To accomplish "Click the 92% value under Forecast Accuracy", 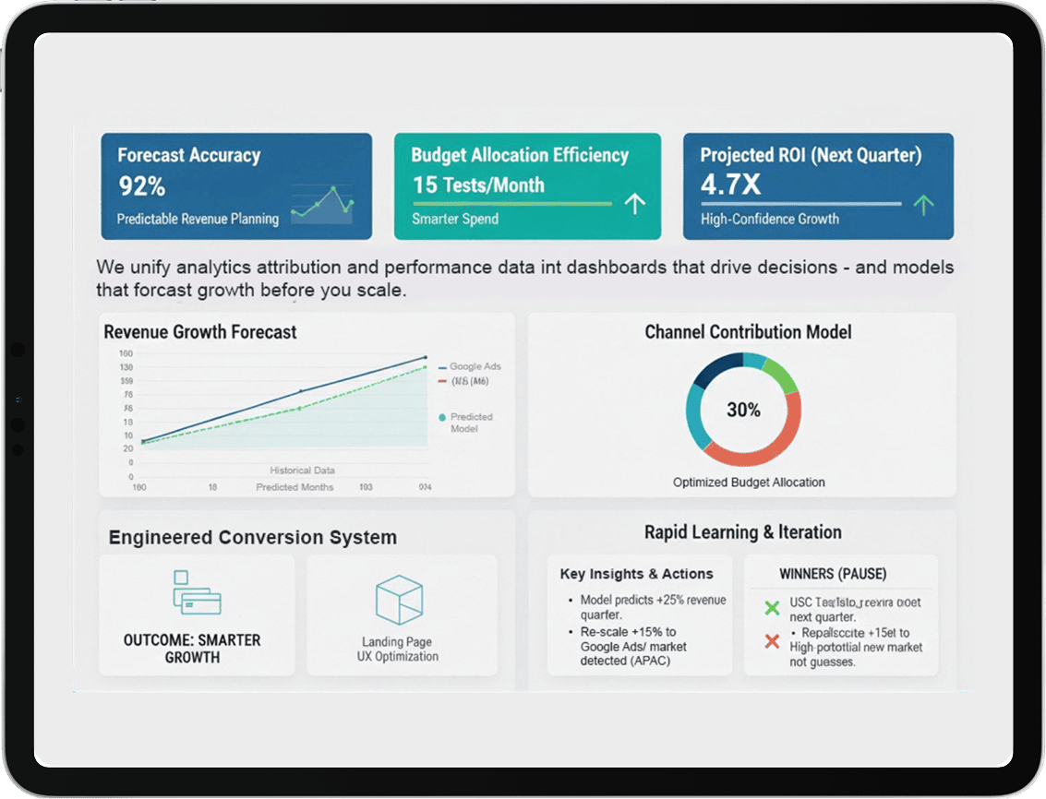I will point(141,187).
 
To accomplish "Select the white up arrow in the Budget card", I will point(634,204).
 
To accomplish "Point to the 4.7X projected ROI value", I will point(730,185).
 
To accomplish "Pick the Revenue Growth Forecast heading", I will point(200,332).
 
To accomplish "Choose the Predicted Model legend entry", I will point(470,423).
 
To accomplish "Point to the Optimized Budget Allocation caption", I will point(749,483).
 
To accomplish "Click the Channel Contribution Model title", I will point(748,332).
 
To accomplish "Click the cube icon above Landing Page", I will point(399,600).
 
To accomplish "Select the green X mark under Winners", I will point(773,608).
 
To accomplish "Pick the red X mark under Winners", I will point(773,640).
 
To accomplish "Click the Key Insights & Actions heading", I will point(636,574).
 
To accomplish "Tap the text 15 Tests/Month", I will point(478,185).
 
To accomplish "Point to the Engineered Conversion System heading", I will point(252,537).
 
